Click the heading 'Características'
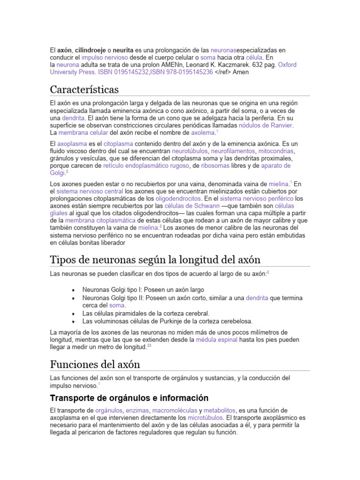(x=84, y=90)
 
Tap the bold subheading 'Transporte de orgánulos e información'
(x=129, y=398)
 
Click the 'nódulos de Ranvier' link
(x=266, y=126)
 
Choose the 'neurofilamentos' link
(x=233, y=151)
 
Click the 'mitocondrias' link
(x=277, y=151)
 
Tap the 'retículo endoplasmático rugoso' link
(x=146, y=166)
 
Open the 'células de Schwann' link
(x=196, y=206)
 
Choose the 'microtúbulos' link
(x=205, y=417)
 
